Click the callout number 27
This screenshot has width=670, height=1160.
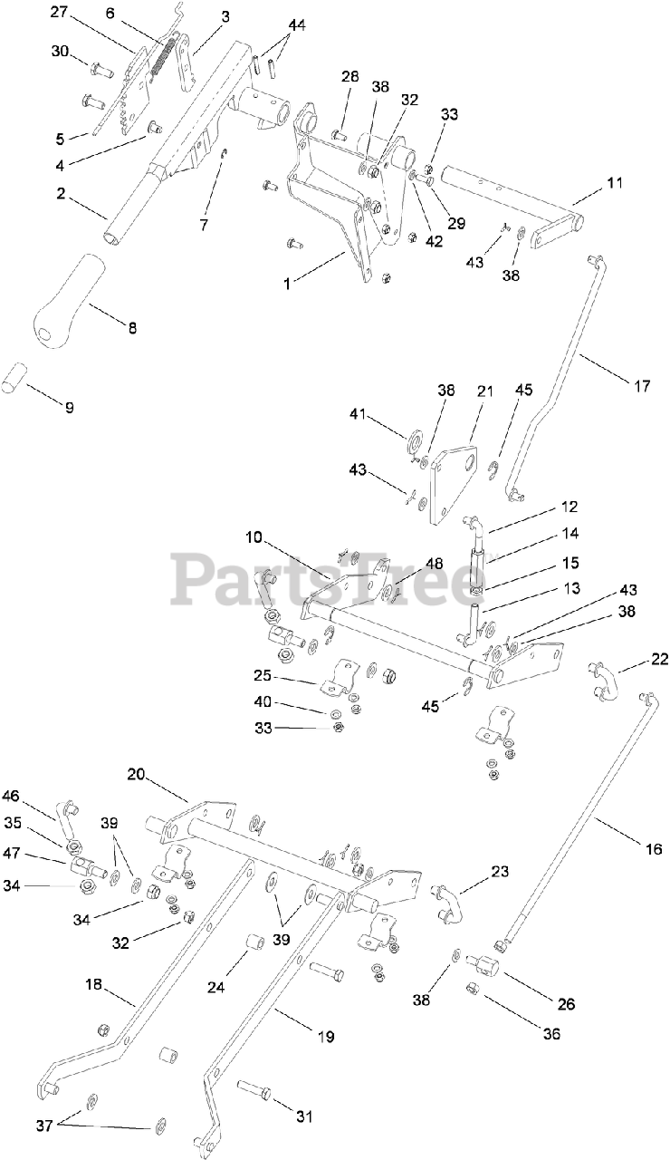[x=59, y=12]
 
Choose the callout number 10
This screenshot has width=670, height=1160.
[x=253, y=537]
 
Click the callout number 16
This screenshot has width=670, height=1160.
[x=654, y=849]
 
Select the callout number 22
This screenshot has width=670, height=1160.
[x=659, y=659]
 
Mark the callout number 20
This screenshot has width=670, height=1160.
[x=136, y=774]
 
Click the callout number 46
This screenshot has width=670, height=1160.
[x=12, y=796]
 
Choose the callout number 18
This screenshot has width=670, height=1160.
[x=93, y=985]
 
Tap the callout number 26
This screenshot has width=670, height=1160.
[x=566, y=1003]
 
